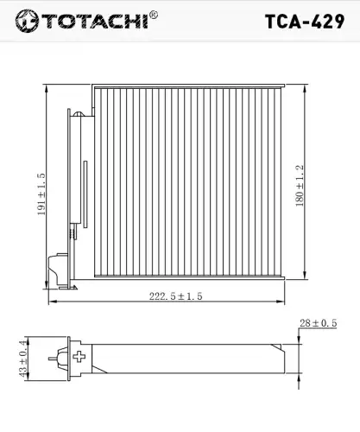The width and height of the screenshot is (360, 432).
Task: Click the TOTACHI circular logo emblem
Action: (27, 21)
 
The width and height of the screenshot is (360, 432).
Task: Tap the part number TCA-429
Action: (305, 22)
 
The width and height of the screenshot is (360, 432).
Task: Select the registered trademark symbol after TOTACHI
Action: (154, 15)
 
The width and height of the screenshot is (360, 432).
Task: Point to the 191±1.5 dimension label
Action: (41, 194)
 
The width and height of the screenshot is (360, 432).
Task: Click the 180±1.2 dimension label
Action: (300, 186)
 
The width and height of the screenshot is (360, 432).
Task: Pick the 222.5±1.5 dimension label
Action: (176, 296)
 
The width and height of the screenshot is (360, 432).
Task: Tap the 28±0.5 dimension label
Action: (319, 323)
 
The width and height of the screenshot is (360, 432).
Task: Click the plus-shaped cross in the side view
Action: (79, 357)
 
